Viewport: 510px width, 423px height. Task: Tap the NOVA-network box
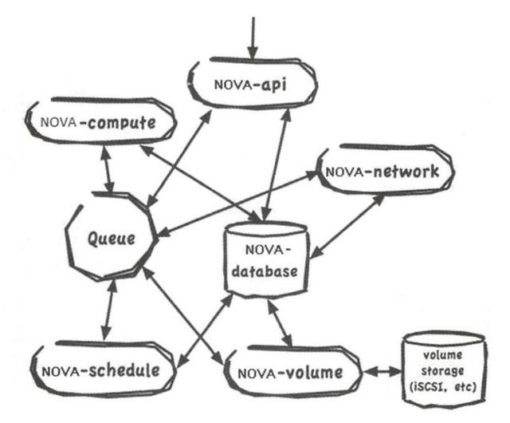click(x=386, y=171)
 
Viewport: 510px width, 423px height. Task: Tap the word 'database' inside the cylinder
click(x=264, y=271)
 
